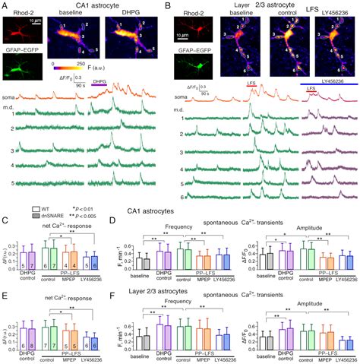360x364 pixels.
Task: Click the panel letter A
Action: (x=5, y=5)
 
